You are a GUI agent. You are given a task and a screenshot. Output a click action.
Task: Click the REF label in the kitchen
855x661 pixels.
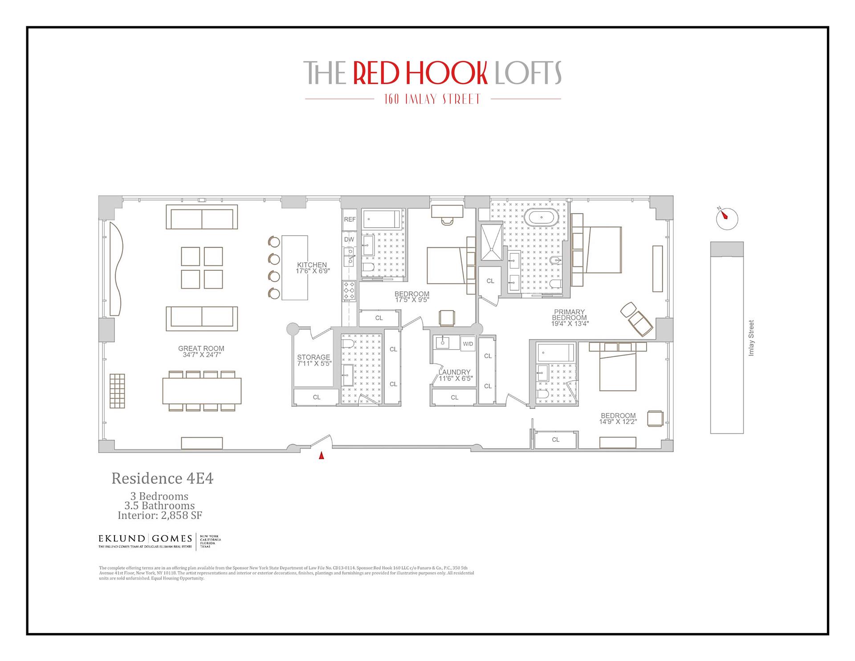(350, 220)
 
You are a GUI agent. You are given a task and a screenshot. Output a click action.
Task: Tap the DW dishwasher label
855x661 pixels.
(349, 240)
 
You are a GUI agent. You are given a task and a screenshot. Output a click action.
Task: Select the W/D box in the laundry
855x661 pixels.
(468, 344)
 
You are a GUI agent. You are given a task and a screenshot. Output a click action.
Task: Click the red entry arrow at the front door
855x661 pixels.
(321, 456)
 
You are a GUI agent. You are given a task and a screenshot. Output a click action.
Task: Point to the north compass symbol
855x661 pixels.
(727, 218)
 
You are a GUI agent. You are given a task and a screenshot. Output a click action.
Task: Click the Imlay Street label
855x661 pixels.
(751, 338)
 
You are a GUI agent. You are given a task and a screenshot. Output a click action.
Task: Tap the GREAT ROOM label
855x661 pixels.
(201, 349)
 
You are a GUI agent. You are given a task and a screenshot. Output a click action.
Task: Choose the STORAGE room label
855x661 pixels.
(313, 357)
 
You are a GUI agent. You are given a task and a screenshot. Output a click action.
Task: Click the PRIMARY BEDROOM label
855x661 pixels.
(570, 315)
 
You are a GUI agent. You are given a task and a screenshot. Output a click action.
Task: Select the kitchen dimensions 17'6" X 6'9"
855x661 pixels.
(313, 271)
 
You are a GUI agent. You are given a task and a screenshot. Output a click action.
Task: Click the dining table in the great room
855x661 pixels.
(202, 391)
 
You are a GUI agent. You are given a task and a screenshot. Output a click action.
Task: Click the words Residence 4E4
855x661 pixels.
(162, 478)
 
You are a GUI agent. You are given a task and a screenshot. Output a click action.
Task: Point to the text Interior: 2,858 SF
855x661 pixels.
(160, 515)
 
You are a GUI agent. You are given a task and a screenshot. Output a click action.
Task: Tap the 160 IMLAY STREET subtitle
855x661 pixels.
(432, 99)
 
